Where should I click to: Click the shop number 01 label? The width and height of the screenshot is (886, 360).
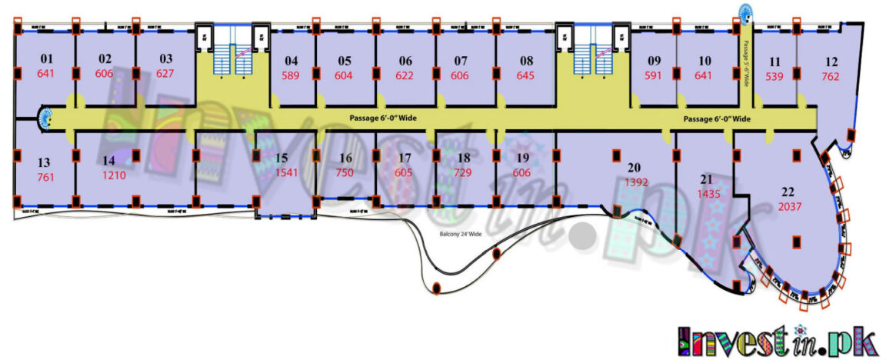[x=46, y=58]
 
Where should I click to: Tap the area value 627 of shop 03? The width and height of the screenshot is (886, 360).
[x=165, y=74]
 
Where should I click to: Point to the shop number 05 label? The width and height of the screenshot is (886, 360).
[x=344, y=61]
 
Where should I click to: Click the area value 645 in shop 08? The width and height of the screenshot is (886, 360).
[x=525, y=75]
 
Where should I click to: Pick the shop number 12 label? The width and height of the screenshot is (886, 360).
[x=831, y=62]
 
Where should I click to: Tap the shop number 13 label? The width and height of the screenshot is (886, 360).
[x=44, y=162]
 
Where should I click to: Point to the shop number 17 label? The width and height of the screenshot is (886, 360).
[x=405, y=158]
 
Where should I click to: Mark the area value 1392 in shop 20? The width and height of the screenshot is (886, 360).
[x=634, y=182]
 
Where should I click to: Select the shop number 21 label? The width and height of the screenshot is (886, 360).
[x=706, y=180]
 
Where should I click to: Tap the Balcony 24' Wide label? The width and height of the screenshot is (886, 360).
[x=461, y=233]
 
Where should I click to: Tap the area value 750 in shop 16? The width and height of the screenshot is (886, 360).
[x=345, y=172]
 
